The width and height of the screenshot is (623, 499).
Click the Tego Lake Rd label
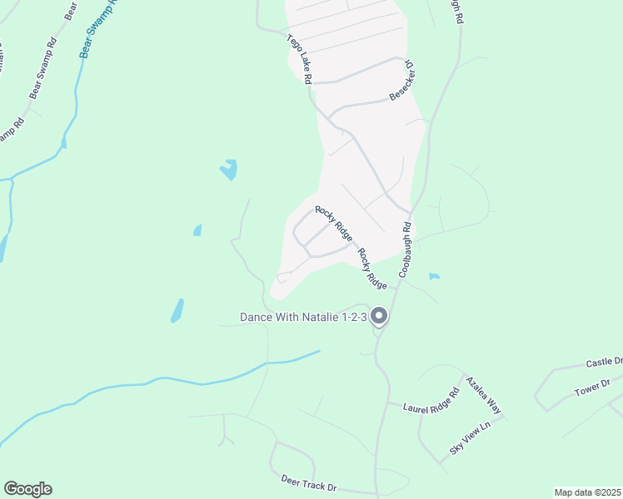pyautogui.click(x=299, y=59)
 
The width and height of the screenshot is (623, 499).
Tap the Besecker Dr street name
pyautogui.click(x=402, y=82)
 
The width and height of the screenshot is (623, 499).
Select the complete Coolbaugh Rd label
pyautogui.click(x=406, y=249)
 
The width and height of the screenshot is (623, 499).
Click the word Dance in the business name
pyautogui.click(x=258, y=317)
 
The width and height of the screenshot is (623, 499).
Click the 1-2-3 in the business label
pyautogui.click(x=353, y=317)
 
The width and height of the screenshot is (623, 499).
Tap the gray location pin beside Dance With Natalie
pyautogui.click(x=379, y=316)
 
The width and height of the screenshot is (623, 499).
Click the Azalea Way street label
pyautogui.click(x=485, y=394)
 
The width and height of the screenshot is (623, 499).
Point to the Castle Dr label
pyautogui.click(x=604, y=363)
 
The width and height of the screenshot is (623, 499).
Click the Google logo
pyautogui.click(x=27, y=489)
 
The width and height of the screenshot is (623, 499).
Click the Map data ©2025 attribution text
pyautogui.click(x=586, y=492)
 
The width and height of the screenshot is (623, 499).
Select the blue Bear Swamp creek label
pyautogui.click(x=98, y=27)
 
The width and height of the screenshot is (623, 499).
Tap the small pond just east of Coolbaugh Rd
pyautogui.click(x=433, y=276)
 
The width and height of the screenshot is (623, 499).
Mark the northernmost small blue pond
pyautogui.click(x=228, y=170)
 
